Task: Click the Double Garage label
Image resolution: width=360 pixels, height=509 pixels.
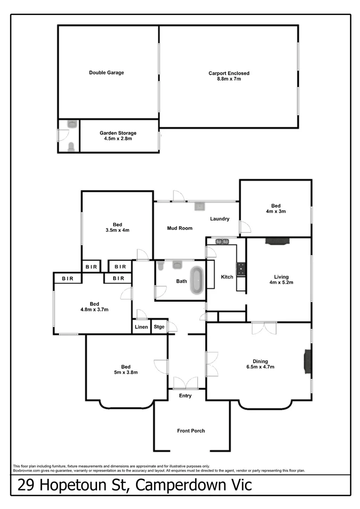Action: (106, 73)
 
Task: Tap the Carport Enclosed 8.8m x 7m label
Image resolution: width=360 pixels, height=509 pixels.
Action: (229, 76)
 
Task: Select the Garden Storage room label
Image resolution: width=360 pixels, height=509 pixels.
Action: (118, 136)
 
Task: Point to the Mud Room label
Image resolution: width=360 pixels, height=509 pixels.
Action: (180, 228)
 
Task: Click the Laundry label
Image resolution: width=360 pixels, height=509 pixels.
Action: (220, 219)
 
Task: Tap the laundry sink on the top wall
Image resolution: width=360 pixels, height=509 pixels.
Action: (199, 206)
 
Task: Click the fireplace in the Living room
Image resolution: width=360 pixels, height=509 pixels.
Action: (278, 241)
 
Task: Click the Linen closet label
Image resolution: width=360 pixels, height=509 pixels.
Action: (141, 327)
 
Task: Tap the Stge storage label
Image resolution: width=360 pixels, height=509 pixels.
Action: (159, 327)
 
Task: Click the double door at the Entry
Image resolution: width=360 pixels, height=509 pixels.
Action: (186, 383)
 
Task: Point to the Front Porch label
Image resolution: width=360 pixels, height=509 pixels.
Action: (191, 430)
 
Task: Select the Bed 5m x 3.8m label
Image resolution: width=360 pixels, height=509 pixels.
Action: (125, 369)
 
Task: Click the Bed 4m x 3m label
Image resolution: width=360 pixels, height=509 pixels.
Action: (276, 208)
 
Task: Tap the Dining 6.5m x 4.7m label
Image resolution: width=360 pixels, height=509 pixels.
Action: (257, 364)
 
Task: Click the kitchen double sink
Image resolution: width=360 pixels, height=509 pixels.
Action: (222, 242)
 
